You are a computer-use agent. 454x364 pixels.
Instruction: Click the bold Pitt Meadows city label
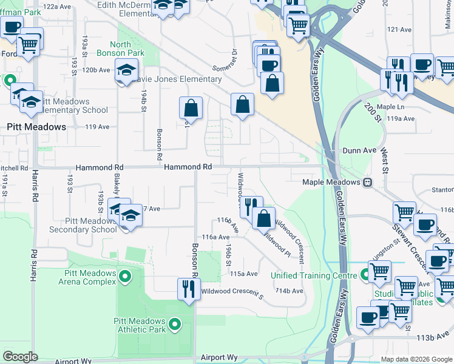click(36, 127)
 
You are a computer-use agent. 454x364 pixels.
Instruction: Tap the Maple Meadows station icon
click(367, 183)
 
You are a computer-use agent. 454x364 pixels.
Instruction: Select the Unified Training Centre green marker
click(365, 275)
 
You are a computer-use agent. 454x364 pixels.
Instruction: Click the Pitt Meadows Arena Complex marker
click(125, 277)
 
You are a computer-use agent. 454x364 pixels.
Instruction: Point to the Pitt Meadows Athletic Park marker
click(175, 325)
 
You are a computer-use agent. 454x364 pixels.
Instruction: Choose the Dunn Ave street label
click(359, 150)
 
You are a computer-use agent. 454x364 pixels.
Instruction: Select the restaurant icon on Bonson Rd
click(188, 289)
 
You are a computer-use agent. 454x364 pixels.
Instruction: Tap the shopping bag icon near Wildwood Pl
click(263, 218)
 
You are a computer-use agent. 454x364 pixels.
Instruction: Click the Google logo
click(21, 357)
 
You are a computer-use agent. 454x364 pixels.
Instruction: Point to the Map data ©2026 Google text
click(416, 359)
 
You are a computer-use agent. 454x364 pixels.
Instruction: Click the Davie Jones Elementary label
click(181, 79)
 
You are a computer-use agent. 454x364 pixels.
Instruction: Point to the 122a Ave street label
click(58, 6)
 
